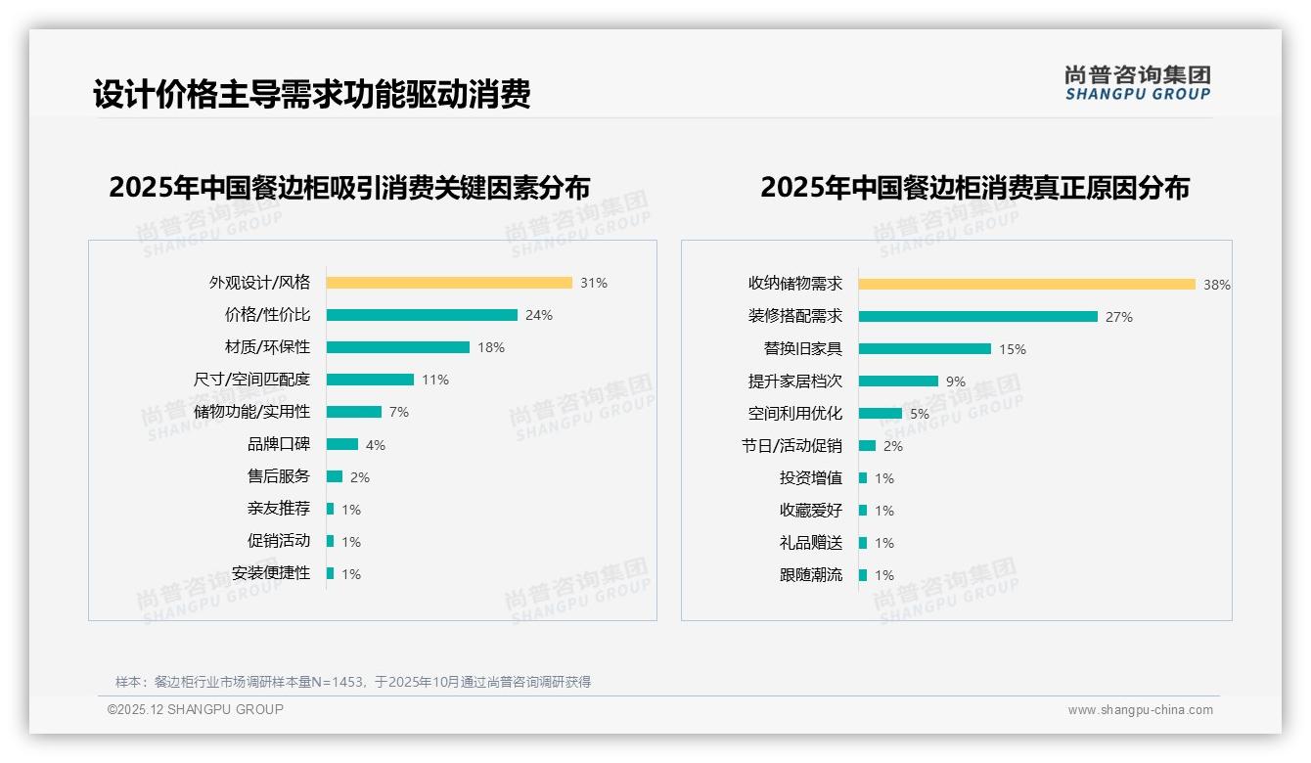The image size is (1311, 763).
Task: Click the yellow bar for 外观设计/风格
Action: [449, 283]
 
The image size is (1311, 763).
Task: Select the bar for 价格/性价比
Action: [422, 315]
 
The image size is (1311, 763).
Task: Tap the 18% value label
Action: [491, 347]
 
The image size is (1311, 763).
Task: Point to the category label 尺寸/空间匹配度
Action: [251, 380]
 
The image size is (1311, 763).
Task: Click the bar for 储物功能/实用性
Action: [354, 412]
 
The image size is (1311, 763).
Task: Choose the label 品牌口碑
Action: [279, 444]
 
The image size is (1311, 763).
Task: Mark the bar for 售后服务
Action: [335, 476]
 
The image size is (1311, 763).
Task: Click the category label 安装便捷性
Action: [271, 573]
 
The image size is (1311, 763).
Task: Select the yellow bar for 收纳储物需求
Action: [1027, 285]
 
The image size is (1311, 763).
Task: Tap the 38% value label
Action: [1216, 285]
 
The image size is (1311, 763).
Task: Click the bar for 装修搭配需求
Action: [978, 317]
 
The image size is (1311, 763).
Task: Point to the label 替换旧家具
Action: [803, 349]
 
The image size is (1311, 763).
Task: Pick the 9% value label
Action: [956, 381]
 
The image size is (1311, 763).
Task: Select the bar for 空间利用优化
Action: [881, 414]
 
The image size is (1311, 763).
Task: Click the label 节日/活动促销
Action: [791, 446]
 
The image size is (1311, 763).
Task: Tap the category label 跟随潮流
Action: [811, 575]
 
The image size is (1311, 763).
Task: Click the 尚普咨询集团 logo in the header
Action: [1138, 83]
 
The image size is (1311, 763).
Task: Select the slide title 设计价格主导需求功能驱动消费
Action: [312, 95]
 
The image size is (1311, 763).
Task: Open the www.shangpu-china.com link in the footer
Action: [1140, 710]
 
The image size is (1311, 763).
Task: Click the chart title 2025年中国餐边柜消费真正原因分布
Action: [974, 188]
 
